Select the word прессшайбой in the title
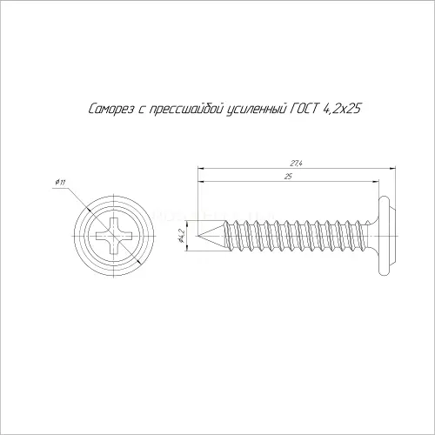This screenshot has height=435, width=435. (186, 110)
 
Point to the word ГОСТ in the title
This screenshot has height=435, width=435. (303, 109)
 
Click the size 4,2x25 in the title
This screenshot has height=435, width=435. (341, 110)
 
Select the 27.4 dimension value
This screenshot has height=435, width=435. (296, 164)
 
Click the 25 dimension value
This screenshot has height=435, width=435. (288, 177)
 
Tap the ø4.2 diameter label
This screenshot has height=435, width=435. (182, 236)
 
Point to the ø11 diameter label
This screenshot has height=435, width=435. (60, 183)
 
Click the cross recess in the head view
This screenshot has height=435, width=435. (114, 236)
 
